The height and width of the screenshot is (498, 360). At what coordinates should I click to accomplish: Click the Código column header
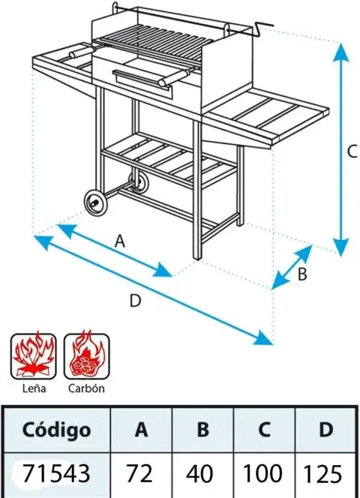(x=56, y=430)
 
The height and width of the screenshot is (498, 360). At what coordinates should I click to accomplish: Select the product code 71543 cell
(x=56, y=474)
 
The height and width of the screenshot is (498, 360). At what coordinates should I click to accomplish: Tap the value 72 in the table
(x=139, y=474)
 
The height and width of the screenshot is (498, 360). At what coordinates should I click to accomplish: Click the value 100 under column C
(x=262, y=473)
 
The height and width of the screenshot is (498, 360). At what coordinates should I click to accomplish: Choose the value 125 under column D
(x=323, y=474)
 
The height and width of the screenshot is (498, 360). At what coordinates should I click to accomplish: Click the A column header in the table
(x=141, y=430)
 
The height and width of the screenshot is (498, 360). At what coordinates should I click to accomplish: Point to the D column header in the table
(x=325, y=430)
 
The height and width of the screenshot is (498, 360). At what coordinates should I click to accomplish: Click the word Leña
(x=34, y=388)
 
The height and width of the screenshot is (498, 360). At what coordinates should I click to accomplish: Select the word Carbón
(x=86, y=388)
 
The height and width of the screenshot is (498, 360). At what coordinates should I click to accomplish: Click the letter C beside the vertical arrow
(x=352, y=151)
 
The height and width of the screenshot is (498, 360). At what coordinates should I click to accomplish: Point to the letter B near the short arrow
(x=302, y=274)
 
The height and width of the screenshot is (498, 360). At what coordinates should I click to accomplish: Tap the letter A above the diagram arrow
(x=120, y=241)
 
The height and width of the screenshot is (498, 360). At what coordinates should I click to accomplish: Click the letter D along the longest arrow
(x=135, y=301)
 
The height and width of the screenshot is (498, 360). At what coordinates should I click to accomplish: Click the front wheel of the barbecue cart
(x=95, y=203)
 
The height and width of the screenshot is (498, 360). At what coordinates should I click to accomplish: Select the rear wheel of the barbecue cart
(x=139, y=183)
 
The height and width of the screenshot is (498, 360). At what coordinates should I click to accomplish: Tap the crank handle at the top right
(x=261, y=28)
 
